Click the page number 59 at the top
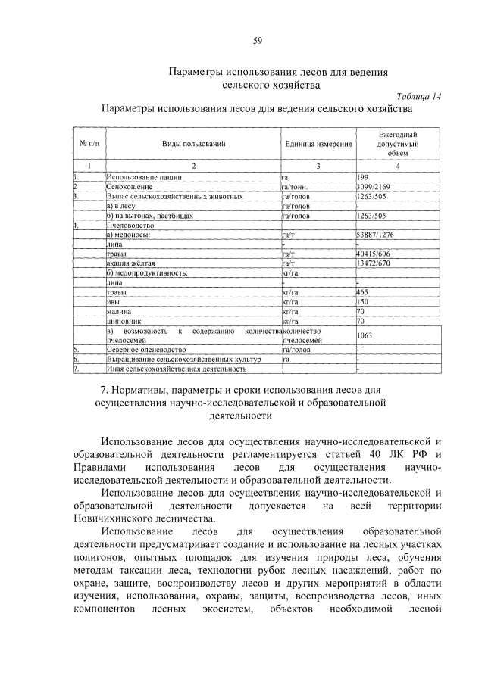click(258, 40)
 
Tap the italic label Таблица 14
click(418, 96)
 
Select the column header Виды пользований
click(193, 143)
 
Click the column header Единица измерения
click(318, 143)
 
